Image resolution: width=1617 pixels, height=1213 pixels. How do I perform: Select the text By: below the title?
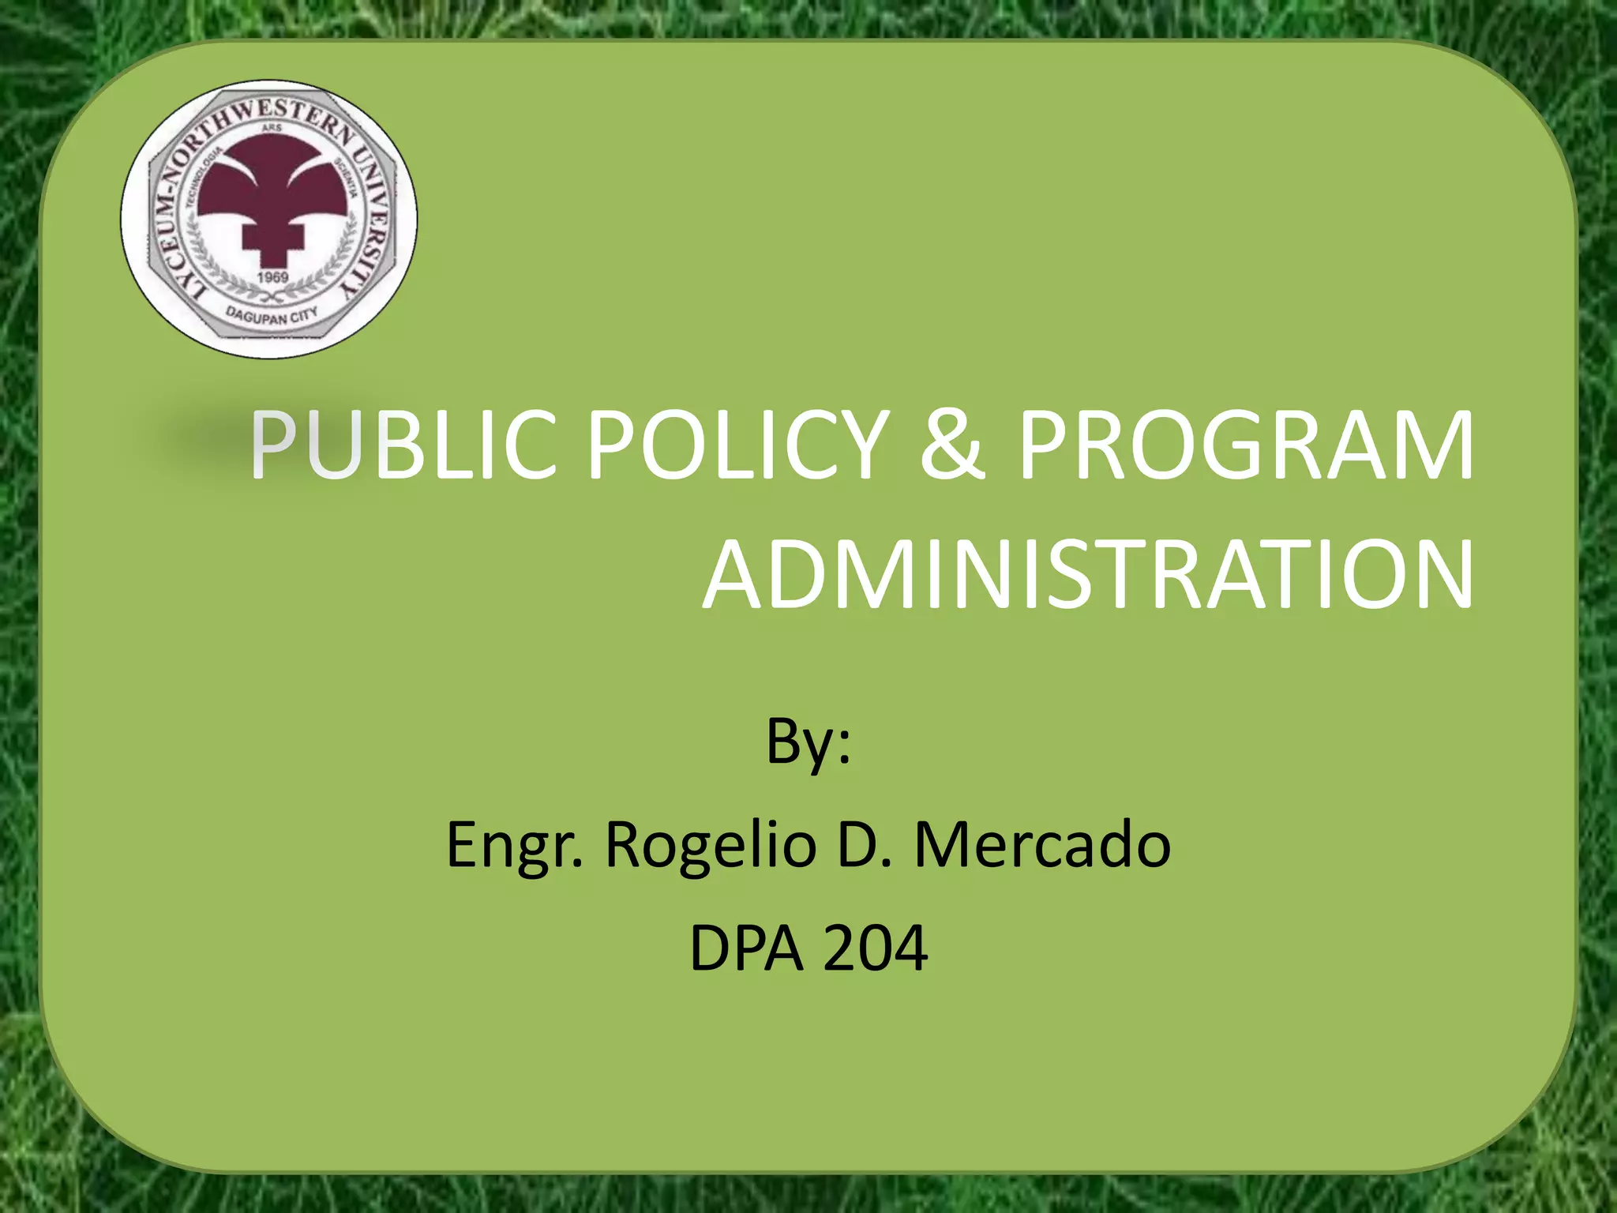coord(808,742)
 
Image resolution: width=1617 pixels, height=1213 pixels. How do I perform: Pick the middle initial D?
coord(865,845)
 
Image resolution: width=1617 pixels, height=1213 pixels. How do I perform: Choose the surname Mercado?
coord(1042,845)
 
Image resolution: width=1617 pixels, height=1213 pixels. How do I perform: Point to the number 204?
coord(876,948)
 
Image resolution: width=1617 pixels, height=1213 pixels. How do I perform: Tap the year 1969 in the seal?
coord(273,277)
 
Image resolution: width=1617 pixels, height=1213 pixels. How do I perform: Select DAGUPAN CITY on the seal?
coord(272,315)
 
